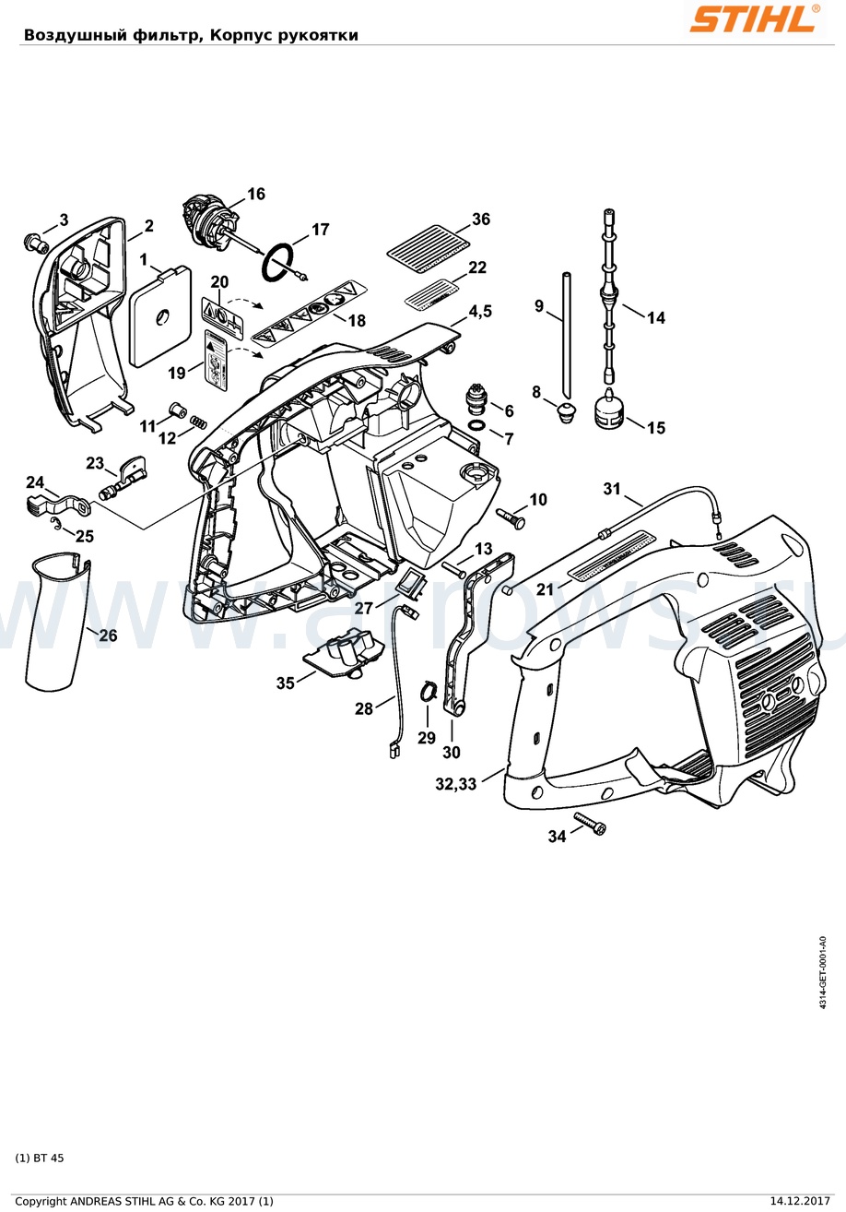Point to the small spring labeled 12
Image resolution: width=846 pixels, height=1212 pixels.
tap(197, 422)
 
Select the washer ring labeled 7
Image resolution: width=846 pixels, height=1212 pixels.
tap(477, 425)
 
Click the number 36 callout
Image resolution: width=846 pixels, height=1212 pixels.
tap(480, 220)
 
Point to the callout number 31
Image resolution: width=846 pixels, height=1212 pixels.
tap(612, 489)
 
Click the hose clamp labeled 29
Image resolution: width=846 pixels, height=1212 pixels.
tap(429, 691)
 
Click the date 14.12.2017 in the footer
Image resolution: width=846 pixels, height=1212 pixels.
tap(799, 1201)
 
